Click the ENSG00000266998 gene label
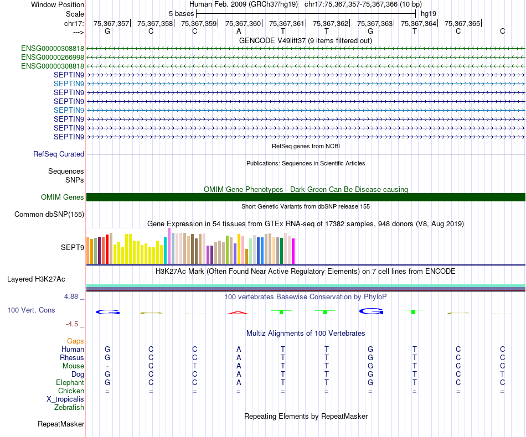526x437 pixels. coord(53,57)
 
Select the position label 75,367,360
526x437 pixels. coord(243,23)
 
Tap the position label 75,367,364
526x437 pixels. coord(419,23)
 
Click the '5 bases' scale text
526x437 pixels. coord(181,13)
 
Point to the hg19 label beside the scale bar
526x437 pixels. coord(429,13)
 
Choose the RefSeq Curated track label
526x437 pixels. coord(59,154)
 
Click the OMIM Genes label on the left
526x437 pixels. coord(63,197)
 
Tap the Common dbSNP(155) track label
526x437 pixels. coord(49,214)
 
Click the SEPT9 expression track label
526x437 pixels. coord(73,248)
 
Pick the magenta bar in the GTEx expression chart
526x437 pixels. coord(293,251)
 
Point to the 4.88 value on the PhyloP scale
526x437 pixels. coord(74,296)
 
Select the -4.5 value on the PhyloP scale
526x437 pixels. coord(74,324)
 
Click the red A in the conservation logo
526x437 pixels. coord(238,313)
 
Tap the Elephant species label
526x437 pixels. coord(70,382)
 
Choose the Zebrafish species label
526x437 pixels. coord(69,407)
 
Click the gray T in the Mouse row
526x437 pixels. coord(194,366)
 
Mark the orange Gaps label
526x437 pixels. coord(75,341)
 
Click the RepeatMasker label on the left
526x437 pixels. coord(61,424)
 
